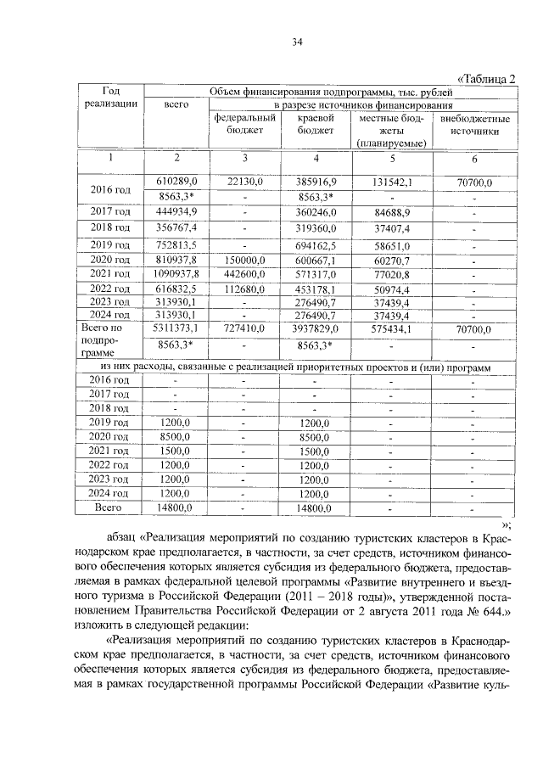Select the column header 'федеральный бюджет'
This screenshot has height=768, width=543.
point(244,125)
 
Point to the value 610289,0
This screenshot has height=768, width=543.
point(176,182)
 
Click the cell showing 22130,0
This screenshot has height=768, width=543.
point(244,182)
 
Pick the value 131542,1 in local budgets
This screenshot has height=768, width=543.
point(391,182)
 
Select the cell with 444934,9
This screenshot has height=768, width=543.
point(176,212)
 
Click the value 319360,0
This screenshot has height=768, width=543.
point(316,228)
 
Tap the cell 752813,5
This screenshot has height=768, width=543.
point(176,244)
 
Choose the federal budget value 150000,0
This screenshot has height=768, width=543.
point(244,259)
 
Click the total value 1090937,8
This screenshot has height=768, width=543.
point(176,274)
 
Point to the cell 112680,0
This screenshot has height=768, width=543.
point(244,289)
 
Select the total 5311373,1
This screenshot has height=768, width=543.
point(176,328)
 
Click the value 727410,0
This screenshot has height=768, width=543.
point(244,328)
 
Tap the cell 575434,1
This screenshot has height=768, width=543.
point(391,328)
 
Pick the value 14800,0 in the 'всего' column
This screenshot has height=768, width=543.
point(176,507)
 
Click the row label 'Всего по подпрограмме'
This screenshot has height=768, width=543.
point(109,342)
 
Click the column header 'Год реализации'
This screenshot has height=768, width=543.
point(109,97)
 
